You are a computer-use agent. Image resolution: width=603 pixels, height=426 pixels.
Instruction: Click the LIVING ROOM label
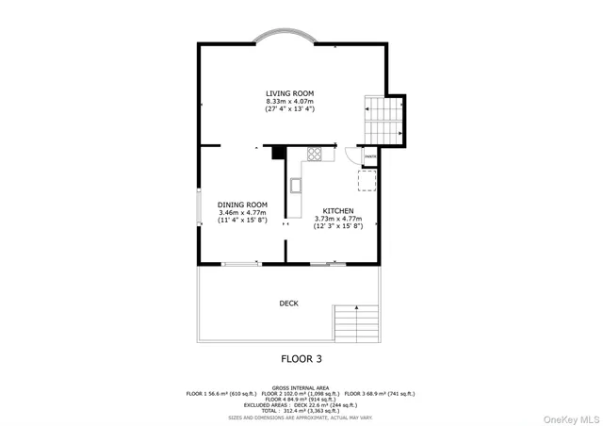tap(289, 93)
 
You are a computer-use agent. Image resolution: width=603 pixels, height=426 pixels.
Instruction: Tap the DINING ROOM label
tap(242, 205)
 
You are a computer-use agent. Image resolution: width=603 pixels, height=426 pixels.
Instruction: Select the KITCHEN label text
tap(338, 210)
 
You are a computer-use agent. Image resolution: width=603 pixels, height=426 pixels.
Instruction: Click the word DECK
tap(288, 303)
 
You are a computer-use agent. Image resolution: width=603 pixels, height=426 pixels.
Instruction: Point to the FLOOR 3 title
tap(301, 358)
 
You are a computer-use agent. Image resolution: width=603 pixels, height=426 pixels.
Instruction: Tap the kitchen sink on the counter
tap(295, 185)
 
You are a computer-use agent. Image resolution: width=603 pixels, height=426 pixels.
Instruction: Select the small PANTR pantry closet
tap(370, 156)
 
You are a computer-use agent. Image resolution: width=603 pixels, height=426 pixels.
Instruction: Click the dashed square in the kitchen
tap(367, 180)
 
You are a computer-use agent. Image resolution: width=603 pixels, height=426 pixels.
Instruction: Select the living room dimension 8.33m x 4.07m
tap(289, 102)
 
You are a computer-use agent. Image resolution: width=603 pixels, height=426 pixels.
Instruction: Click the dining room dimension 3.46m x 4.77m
tap(242, 213)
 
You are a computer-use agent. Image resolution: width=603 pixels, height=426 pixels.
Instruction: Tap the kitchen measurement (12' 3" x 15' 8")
tap(338, 226)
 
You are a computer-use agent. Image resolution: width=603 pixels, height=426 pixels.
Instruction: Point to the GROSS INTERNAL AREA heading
tap(301, 386)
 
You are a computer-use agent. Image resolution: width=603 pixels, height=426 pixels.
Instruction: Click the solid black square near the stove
tap(279, 151)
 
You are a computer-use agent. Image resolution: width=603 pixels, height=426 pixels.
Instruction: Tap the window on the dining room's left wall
tap(198, 207)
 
